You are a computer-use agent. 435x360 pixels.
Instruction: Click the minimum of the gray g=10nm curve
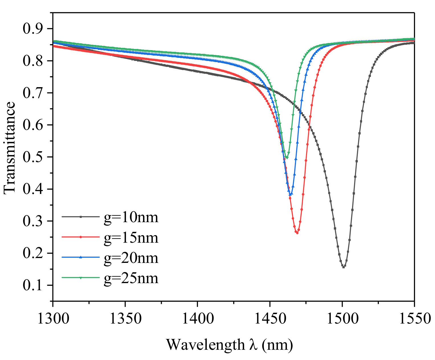click(x=344, y=267)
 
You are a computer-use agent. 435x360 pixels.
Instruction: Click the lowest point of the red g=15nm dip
click(x=297, y=233)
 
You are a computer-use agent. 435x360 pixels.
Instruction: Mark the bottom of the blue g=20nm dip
click(x=291, y=194)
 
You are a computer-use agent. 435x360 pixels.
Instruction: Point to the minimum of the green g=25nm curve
click(x=287, y=157)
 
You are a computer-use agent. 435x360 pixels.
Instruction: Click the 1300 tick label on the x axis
click(x=53, y=318)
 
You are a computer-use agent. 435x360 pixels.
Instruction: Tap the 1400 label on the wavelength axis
click(x=197, y=318)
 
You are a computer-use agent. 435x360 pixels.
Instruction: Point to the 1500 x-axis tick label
click(x=342, y=318)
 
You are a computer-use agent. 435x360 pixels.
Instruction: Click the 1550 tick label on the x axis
click(x=414, y=318)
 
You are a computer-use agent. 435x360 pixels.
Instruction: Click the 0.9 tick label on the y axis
click(x=34, y=29)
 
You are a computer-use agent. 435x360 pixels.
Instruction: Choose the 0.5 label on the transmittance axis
click(x=34, y=157)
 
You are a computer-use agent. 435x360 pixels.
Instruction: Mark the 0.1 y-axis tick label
click(x=34, y=285)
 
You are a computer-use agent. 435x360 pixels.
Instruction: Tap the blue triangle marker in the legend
click(x=81, y=257)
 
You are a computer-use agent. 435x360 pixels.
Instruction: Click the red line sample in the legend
click(x=81, y=237)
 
